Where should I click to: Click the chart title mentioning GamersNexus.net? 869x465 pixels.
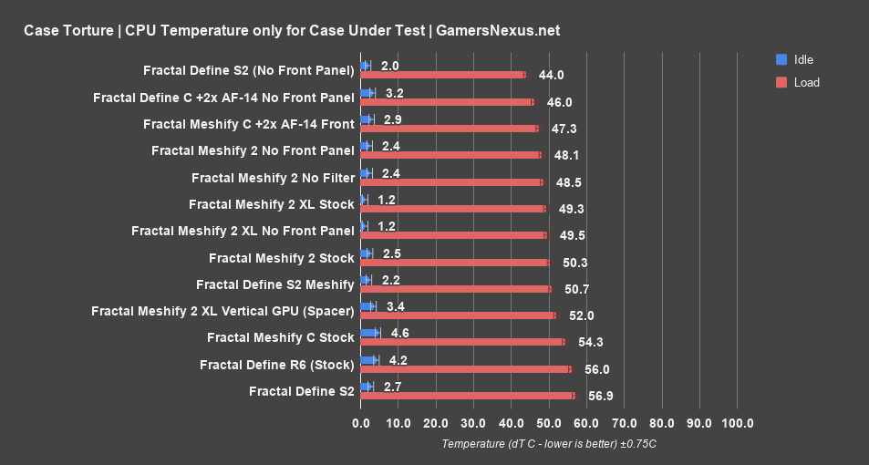[292, 30]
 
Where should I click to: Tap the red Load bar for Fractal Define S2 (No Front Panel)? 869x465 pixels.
[442, 75]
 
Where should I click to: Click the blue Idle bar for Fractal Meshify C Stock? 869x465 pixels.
[369, 333]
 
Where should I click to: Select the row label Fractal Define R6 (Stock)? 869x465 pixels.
[276, 365]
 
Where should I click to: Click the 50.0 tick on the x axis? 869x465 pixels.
[549, 423]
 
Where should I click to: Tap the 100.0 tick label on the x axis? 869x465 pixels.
[737, 423]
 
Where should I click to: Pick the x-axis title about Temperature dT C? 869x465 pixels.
[548, 444]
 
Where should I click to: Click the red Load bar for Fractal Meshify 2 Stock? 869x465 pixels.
[455, 262]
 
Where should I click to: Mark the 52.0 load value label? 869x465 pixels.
[582, 315]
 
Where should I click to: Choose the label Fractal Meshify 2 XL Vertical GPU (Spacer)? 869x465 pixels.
[222, 311]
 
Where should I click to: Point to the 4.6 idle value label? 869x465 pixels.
[399, 333]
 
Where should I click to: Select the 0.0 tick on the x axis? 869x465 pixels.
[361, 423]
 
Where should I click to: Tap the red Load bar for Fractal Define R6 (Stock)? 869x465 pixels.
[465, 368]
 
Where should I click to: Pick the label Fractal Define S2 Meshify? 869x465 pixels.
[274, 284]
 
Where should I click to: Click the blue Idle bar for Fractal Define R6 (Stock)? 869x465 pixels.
[368, 360]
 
